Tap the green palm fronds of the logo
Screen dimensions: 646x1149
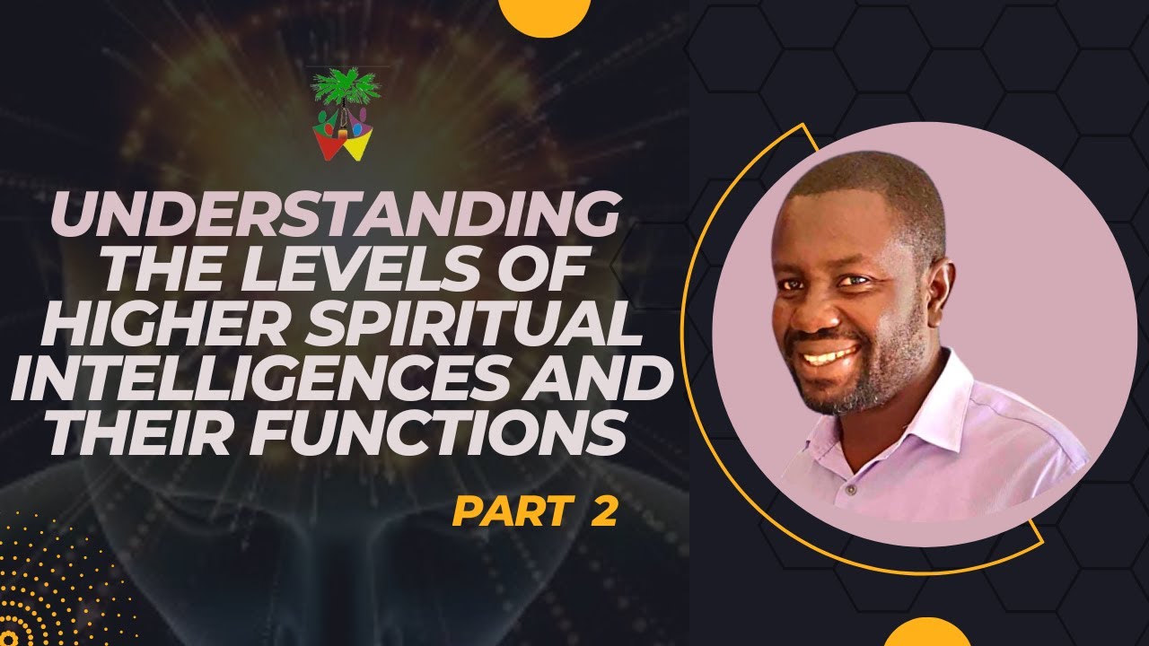tap(346, 86)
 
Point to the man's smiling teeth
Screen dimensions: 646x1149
tap(829, 355)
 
